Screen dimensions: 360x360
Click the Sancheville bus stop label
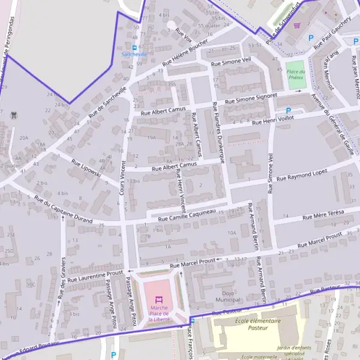point(134,54)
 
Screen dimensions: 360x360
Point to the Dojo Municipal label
point(227,295)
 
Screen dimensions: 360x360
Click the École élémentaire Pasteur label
point(256,325)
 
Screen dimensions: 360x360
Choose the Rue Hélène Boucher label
point(185,54)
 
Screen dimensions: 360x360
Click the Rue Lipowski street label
point(86,169)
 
